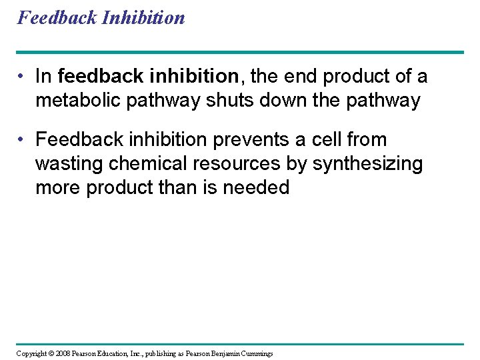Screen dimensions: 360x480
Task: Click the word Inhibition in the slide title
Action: tap(143, 17)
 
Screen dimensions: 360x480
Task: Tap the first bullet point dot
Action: tap(23, 77)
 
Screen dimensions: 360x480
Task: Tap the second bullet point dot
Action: tap(23, 140)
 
